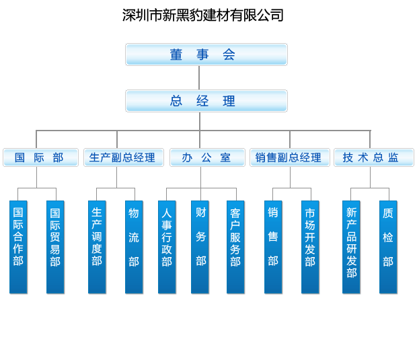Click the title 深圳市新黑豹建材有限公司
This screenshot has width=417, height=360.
tap(202, 15)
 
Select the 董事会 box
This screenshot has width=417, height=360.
tap(206, 55)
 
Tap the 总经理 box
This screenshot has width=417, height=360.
tap(206, 101)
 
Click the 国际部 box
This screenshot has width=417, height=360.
tap(40, 157)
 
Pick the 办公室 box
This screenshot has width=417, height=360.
tap(206, 157)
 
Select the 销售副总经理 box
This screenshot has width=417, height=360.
tap(289, 157)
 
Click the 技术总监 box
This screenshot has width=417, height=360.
tap(373, 157)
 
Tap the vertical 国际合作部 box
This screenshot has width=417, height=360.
tap(18, 246)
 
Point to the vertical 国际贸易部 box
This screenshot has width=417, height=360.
tap(55, 246)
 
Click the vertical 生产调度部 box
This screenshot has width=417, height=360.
tap(97, 246)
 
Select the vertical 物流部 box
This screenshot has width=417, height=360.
tap(134, 246)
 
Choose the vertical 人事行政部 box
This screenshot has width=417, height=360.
tap(167, 246)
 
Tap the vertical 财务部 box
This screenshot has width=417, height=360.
tap(200, 246)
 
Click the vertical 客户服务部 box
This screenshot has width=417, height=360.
tap(235, 246)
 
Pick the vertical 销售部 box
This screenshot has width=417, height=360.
tap(273, 246)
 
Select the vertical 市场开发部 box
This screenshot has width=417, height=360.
tap(310, 246)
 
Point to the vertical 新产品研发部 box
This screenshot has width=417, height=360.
tap(351, 246)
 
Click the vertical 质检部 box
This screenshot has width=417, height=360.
tap(388, 246)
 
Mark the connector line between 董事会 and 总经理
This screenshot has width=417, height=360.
tap(200, 77)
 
